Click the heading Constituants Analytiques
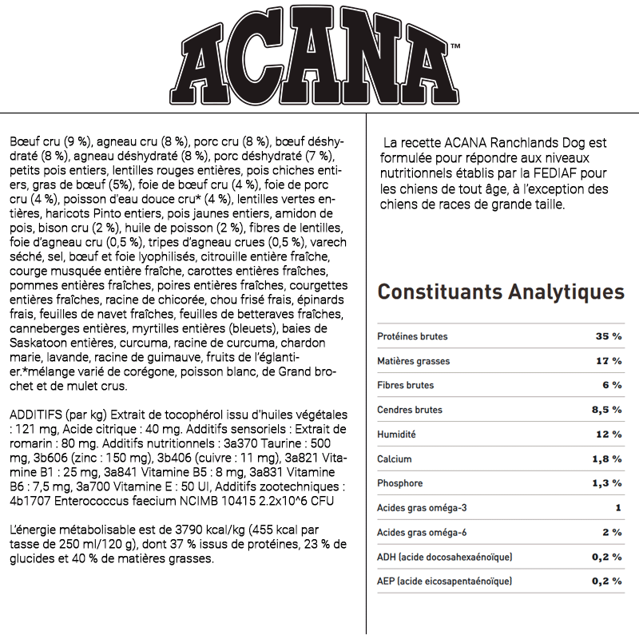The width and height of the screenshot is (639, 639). pyautogui.click(x=501, y=292)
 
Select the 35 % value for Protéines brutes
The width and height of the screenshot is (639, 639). pyautogui.click(x=608, y=336)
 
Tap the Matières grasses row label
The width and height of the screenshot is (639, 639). pyautogui.click(x=413, y=361)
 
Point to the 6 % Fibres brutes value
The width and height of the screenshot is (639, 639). pyautogui.click(x=612, y=385)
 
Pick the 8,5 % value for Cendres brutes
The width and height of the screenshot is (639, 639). pyautogui.click(x=605, y=410)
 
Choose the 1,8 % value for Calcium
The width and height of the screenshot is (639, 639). pyautogui.click(x=605, y=458)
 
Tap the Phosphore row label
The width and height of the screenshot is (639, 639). pyautogui.click(x=399, y=483)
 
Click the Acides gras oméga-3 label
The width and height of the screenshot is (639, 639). pyautogui.click(x=422, y=508)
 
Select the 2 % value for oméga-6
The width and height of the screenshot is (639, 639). pyautogui.click(x=612, y=532)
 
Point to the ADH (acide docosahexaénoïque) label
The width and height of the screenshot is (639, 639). pyautogui.click(x=444, y=557)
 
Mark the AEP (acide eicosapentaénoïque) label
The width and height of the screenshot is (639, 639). pyautogui.click(x=444, y=581)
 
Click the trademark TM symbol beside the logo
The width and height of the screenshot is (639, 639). pyautogui.click(x=455, y=46)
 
